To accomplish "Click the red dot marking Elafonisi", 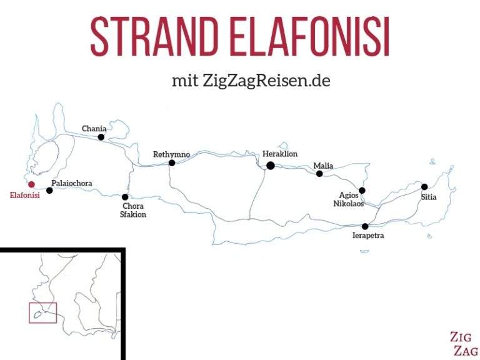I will (31, 184).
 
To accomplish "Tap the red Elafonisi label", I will (25, 196).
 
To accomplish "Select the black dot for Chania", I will (101, 137).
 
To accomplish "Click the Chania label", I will (94, 129).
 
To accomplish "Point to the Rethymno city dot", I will (172, 163).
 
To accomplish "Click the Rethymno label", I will (171, 154).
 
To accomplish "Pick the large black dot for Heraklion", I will (271, 166).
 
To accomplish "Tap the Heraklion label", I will (280, 154).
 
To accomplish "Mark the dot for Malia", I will (319, 174).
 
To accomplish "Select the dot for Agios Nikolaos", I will (362, 191).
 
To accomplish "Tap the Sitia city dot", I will (424, 187).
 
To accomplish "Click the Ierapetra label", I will (368, 236).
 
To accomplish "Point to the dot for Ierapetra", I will (365, 226).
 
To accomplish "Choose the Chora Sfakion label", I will (134, 211).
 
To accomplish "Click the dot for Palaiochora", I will (50, 191).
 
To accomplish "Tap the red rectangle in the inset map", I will (42, 312).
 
